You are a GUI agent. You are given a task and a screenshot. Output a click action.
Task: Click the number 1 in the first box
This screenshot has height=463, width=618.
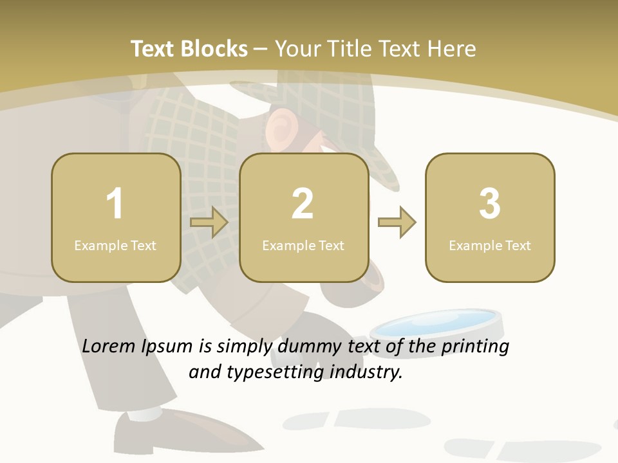tap(115, 204)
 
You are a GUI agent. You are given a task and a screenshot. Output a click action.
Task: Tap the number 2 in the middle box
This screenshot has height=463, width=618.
tap(303, 204)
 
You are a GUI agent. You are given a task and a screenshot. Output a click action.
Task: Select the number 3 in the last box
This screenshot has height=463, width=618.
tap(490, 204)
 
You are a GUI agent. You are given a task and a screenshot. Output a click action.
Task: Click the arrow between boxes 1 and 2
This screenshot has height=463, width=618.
tap(209, 222)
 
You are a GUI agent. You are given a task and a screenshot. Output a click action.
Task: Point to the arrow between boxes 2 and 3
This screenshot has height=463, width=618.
tap(397, 222)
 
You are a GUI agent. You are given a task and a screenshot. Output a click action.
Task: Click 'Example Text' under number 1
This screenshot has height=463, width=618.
tap(115, 246)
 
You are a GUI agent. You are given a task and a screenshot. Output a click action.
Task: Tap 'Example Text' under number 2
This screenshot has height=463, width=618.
tap(303, 246)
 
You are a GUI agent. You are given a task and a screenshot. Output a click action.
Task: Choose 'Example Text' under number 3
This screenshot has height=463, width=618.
tap(490, 246)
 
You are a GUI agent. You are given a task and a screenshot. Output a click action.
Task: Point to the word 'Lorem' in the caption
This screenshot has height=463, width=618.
tap(108, 346)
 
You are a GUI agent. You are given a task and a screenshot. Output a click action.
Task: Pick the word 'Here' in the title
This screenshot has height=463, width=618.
tap(454, 49)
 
